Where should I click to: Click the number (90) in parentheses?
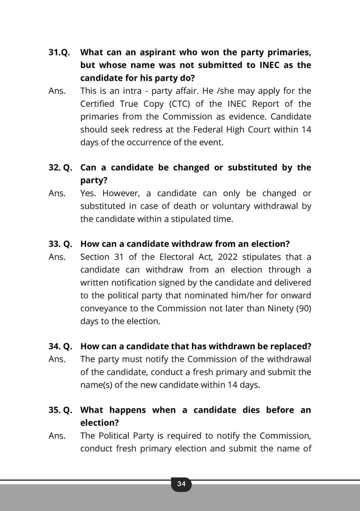pos(303,308)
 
